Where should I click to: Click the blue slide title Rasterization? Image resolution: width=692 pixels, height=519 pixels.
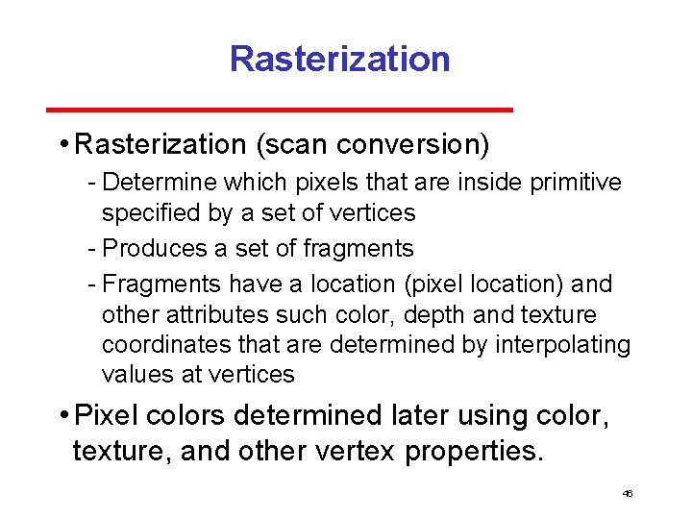pyautogui.click(x=339, y=60)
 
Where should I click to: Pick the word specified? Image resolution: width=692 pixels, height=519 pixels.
pyautogui.click(x=147, y=213)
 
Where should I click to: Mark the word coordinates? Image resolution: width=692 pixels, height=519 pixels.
pyautogui.click(x=162, y=345)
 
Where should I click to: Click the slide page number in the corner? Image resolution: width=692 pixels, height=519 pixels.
pyautogui.click(x=628, y=493)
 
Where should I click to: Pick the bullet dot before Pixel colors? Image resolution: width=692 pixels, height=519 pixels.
pyautogui.click(x=62, y=416)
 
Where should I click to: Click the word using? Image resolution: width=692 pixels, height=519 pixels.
pyautogui.click(x=503, y=416)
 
